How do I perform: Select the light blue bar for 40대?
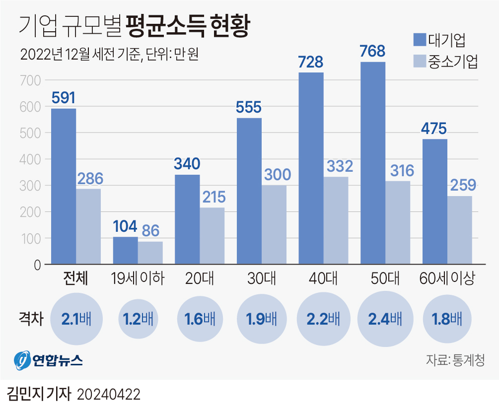[336, 220]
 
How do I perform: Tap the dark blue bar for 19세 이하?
[126, 250]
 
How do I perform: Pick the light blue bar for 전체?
[88, 226]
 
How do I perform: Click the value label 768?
[372, 51]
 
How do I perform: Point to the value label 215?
[212, 197]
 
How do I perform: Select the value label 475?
[434, 128]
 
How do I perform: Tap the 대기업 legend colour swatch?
[420, 40]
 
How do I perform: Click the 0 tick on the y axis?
[37, 265]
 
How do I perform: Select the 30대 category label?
[262, 278]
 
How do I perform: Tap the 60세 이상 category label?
[447, 278]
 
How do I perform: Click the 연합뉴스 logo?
[48, 359]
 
